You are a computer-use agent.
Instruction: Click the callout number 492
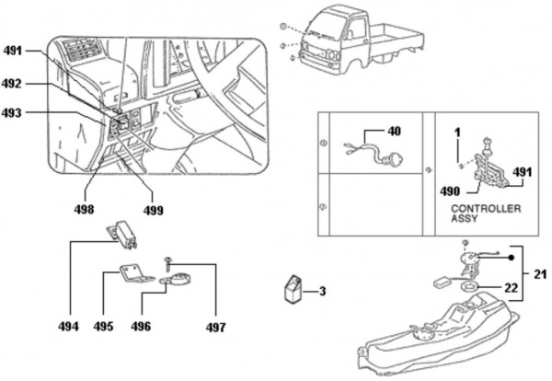tap(12, 84)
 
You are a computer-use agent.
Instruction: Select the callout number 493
tap(12, 113)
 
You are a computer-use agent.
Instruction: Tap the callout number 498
tap(84, 209)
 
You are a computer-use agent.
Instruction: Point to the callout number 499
tap(153, 210)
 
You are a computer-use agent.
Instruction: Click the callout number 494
tap(69, 327)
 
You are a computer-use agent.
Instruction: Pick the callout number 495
tap(103, 327)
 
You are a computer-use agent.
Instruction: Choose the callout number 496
tap(141, 327)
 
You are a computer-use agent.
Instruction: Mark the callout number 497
tap(215, 328)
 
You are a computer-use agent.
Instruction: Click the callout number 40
tap(394, 131)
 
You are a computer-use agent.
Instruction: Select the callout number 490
tap(450, 191)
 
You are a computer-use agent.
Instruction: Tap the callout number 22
tap(511, 288)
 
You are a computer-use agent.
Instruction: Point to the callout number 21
tap(540, 274)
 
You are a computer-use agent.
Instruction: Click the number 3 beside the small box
tap(323, 292)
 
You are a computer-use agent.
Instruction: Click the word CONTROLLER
tap(486, 209)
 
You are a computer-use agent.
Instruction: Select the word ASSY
tap(465, 218)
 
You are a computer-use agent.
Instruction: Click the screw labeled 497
tap(167, 264)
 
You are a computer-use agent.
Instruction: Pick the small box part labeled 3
tap(293, 289)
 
